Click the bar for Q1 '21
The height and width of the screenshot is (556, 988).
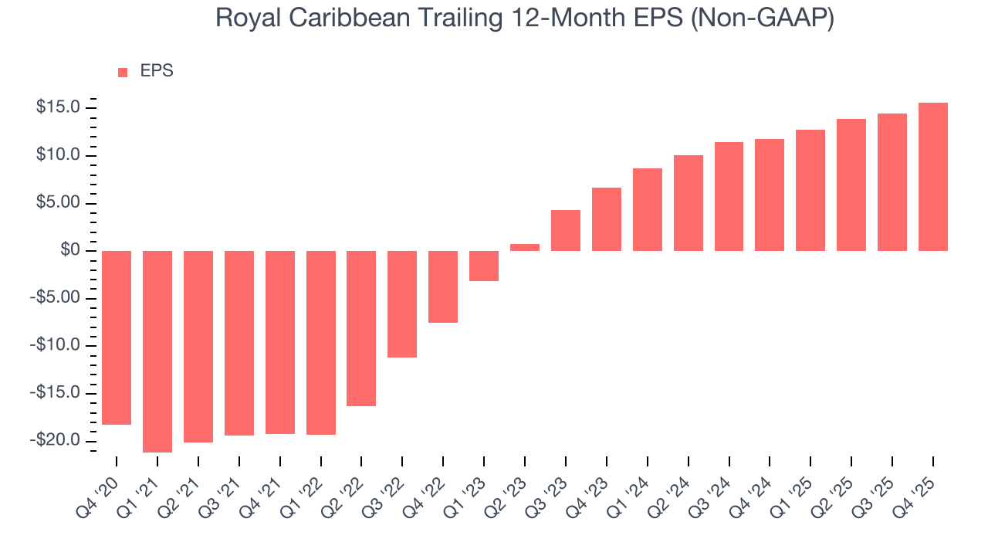click(157, 351)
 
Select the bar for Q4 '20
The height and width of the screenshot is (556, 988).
click(117, 337)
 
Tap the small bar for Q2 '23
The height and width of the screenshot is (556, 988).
click(525, 247)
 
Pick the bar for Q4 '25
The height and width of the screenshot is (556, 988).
click(933, 177)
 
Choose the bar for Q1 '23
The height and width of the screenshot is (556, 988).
click(484, 266)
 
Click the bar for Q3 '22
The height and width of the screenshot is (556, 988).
click(402, 304)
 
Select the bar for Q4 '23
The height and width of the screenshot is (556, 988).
click(607, 219)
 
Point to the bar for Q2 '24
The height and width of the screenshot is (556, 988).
click(689, 203)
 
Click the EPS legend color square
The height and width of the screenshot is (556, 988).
click(123, 72)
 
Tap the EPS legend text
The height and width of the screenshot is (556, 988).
click(157, 71)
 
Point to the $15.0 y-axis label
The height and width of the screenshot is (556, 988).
click(59, 107)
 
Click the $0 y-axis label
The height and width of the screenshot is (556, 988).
click(71, 250)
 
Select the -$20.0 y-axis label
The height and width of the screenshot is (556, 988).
click(56, 440)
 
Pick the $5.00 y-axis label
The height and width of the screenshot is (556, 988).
click(59, 203)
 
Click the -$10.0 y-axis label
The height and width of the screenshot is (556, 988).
click(56, 345)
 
